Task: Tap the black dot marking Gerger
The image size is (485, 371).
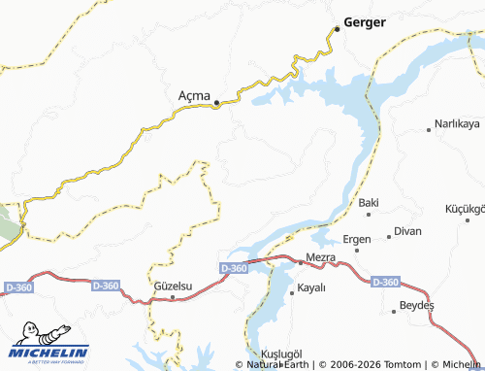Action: (337, 29)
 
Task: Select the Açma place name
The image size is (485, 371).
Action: (196, 95)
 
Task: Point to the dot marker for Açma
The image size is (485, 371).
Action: (217, 102)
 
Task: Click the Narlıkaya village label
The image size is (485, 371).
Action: (458, 125)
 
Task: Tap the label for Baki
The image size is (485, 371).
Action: (368, 203)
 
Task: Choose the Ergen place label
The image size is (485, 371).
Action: (357, 239)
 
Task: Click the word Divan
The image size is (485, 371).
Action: (408, 232)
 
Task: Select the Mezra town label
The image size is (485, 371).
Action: (320, 257)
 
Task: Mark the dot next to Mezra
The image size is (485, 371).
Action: (299, 259)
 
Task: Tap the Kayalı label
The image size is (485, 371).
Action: (311, 287)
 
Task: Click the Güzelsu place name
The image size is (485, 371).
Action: (175, 287)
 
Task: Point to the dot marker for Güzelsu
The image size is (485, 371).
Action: (175, 297)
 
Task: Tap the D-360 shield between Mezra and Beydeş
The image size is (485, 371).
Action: (385, 282)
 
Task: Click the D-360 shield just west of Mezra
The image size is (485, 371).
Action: (234, 268)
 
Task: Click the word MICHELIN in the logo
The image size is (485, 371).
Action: (50, 352)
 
